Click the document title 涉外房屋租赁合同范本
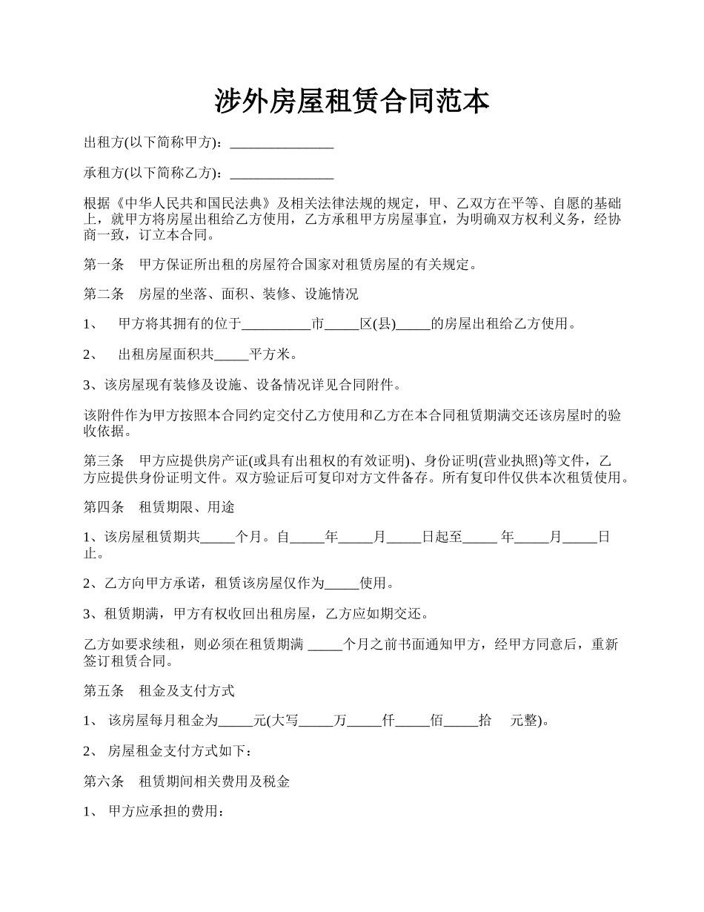coord(352,102)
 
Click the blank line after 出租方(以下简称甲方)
coord(282,143)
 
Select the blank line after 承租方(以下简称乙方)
coord(282,174)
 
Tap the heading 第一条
coord(104,264)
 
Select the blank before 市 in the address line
coord(276,325)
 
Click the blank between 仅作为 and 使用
coord(342,584)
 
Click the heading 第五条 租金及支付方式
coord(159,691)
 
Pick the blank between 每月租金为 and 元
coord(236,721)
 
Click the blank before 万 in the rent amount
coord(316,721)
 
